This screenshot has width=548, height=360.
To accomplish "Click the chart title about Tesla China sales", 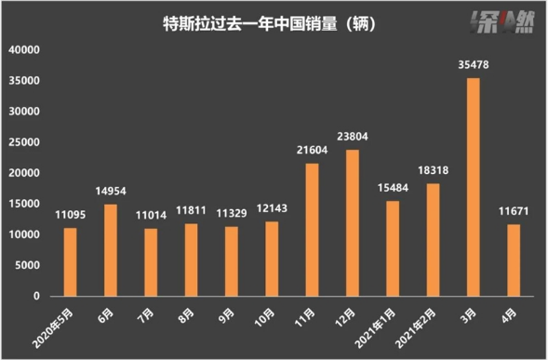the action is pyautogui.click(x=269, y=24).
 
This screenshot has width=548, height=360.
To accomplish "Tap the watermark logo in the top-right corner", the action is pyautogui.click(x=501, y=22).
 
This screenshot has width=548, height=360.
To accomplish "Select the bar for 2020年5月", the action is pyautogui.click(x=71, y=262).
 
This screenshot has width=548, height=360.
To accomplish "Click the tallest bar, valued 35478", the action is pyautogui.click(x=474, y=187).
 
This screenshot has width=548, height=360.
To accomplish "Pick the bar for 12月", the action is pyautogui.click(x=353, y=223).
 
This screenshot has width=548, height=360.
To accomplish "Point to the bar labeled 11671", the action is pyautogui.click(x=514, y=260).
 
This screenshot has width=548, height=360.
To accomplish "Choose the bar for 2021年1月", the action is pyautogui.click(x=393, y=248).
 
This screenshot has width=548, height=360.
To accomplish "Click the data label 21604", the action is pyautogui.click(x=312, y=150).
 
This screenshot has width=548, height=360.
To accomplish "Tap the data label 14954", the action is pyautogui.click(x=111, y=191).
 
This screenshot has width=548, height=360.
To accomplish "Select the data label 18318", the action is pyautogui.click(x=433, y=170).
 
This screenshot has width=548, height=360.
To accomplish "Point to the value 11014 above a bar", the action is pyautogui.click(x=151, y=215).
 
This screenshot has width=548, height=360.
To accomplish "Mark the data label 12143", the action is pyautogui.click(x=272, y=208).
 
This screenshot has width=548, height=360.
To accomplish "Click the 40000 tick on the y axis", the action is pyautogui.click(x=24, y=49).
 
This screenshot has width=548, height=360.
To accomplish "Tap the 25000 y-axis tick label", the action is pyautogui.click(x=24, y=142).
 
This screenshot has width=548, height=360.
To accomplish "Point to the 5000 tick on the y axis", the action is pyautogui.click(x=27, y=265).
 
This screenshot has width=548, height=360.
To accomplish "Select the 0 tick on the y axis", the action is pyautogui.click(x=36, y=296).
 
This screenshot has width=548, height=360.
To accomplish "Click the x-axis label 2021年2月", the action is pyautogui.click(x=416, y=328).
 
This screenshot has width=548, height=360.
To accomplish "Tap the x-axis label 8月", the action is pyautogui.click(x=186, y=315).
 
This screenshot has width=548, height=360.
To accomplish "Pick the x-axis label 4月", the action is pyautogui.click(x=509, y=315).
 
